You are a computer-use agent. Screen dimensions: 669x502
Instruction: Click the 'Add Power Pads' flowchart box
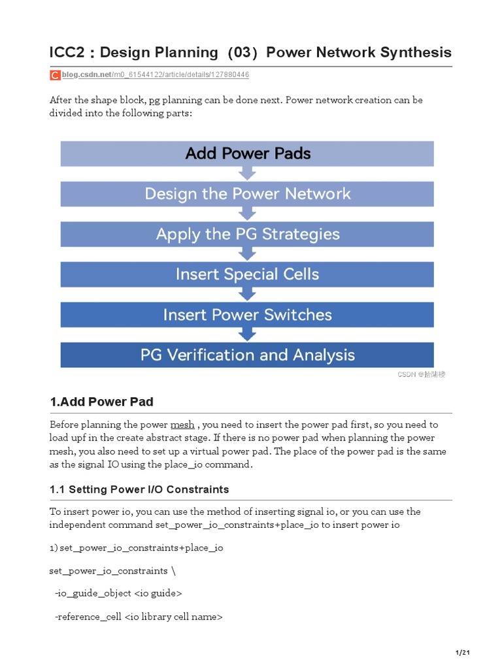[x=247, y=154]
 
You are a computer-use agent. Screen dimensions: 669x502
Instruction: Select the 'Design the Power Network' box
[x=247, y=194]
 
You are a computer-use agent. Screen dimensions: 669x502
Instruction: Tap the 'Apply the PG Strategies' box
[x=247, y=234]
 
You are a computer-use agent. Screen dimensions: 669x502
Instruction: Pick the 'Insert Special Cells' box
[x=247, y=274]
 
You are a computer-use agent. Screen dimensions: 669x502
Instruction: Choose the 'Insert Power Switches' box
[x=247, y=314]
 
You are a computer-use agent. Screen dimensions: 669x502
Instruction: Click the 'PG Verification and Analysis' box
[x=247, y=355]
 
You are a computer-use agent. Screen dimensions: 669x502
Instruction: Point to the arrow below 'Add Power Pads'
[x=247, y=174]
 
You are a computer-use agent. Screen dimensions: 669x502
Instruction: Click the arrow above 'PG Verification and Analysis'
[x=247, y=334]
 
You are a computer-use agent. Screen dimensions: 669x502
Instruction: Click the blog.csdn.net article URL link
[x=156, y=75]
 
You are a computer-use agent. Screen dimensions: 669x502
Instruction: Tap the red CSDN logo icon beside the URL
[x=55, y=76]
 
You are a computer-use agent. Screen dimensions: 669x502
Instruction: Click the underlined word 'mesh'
[x=182, y=425]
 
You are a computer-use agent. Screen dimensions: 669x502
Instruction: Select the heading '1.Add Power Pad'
[x=101, y=401]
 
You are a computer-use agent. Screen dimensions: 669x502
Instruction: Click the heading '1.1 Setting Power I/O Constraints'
[x=139, y=489]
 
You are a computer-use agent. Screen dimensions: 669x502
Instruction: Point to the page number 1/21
[x=462, y=653]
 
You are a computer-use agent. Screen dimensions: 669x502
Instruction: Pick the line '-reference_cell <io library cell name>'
[x=139, y=616]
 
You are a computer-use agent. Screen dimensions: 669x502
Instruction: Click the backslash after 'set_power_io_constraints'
[x=173, y=570]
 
